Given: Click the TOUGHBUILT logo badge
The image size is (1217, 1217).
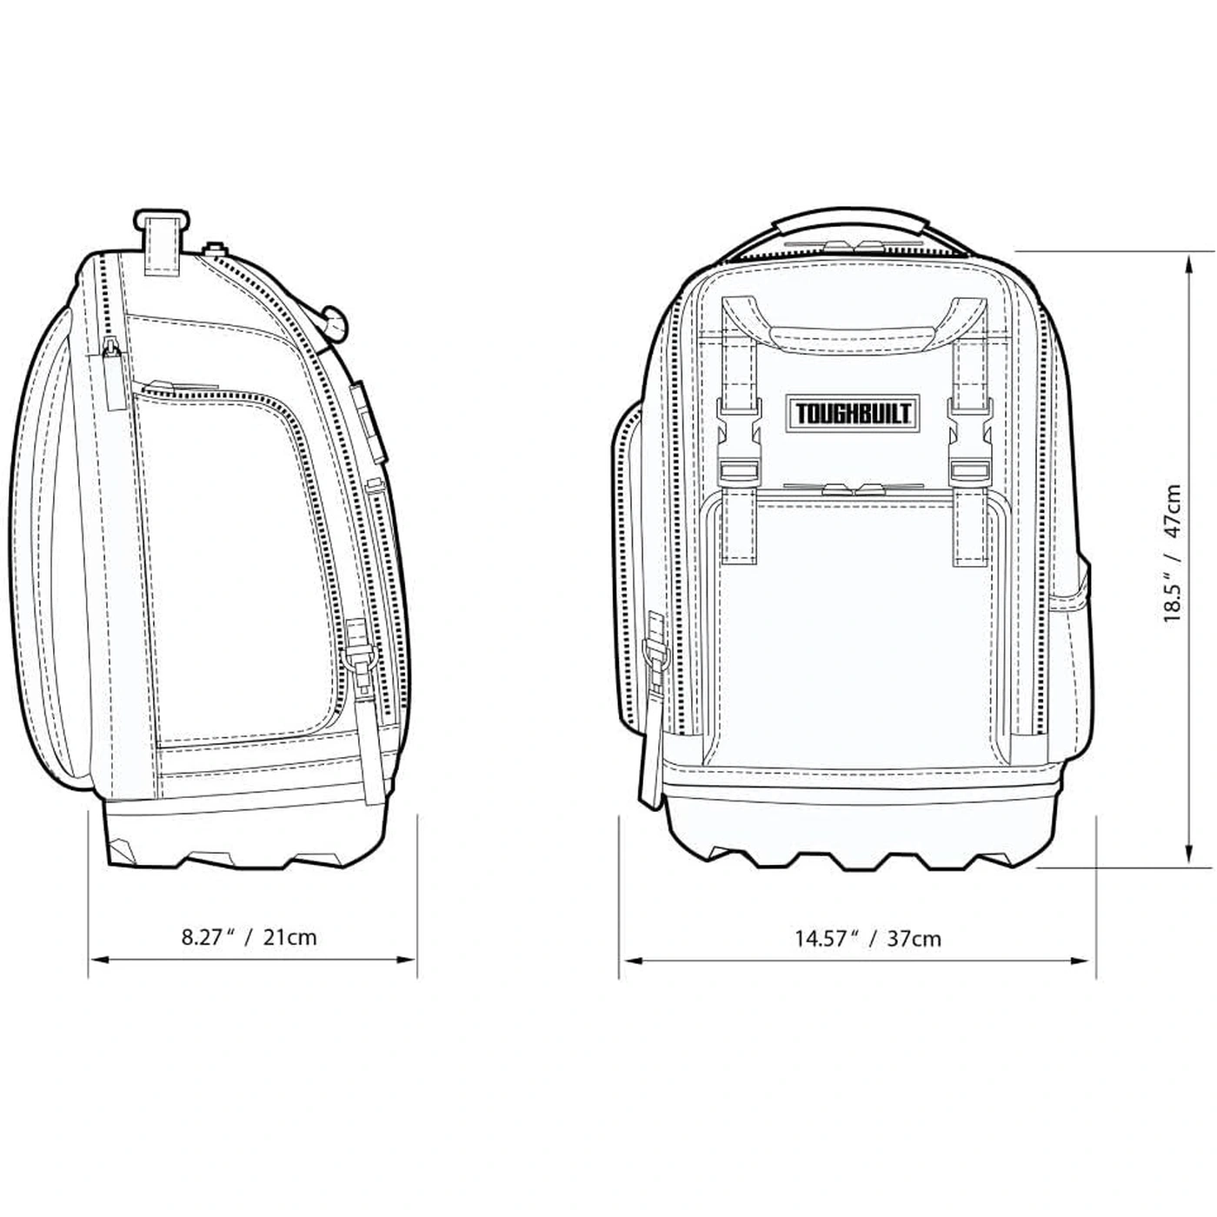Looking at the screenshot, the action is [x=852, y=414].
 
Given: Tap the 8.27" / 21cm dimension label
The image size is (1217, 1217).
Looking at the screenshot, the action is [x=249, y=936].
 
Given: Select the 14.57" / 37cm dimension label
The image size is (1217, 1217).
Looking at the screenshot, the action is [x=868, y=939].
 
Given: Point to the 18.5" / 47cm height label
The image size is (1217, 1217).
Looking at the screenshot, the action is [x=1172, y=553].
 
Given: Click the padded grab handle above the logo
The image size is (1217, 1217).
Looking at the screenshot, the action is [x=854, y=335].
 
